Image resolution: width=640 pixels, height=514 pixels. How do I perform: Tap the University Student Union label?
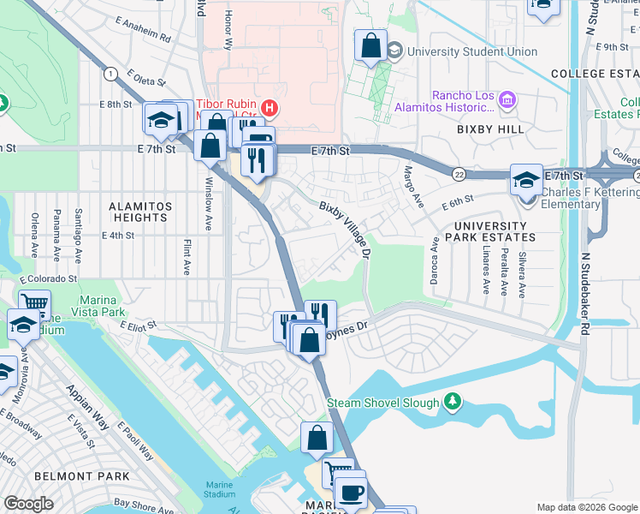(472, 51)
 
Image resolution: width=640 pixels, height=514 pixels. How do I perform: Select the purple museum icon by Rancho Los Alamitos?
(507, 102)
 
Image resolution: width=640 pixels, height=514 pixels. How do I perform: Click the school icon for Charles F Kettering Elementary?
(526, 179)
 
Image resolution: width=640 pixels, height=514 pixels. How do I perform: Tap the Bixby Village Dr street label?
(346, 230)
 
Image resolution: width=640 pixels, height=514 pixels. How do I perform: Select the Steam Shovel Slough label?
(382, 402)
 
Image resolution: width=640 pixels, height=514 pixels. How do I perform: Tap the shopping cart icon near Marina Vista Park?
(34, 303)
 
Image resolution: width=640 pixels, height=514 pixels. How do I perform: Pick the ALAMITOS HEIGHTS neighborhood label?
(140, 212)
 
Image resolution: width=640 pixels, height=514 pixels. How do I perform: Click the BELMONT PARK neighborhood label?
(81, 475)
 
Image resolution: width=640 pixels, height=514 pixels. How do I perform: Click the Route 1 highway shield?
(110, 75)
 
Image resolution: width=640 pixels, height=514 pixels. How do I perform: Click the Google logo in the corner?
(29, 504)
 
